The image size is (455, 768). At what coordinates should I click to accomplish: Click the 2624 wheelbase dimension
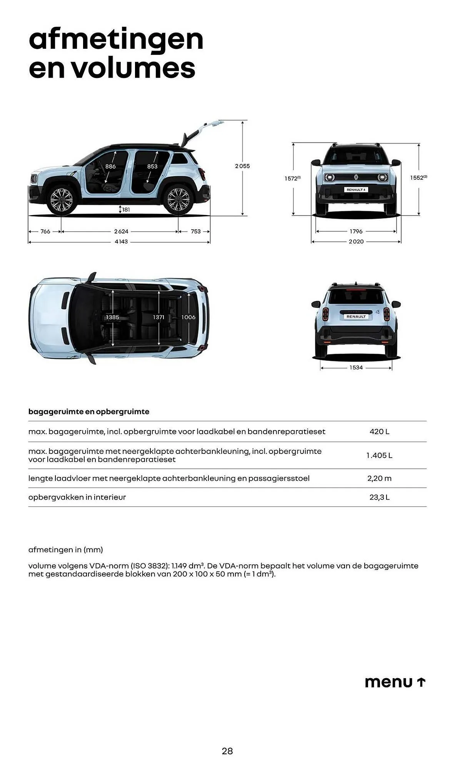pos(121,232)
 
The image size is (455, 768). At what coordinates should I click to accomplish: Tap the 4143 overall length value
pos(121,242)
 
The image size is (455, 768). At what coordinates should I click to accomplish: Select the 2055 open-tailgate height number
pos(242,166)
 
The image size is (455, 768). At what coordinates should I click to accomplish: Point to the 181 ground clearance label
pos(126,210)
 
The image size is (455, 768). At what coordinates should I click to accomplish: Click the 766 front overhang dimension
pos(45,232)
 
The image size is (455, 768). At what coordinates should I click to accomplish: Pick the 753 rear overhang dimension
pos(196,232)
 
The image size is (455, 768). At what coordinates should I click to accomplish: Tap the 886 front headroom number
pos(110,166)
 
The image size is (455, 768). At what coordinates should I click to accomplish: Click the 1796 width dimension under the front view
pos(356,232)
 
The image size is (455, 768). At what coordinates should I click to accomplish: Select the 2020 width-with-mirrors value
pos(356,242)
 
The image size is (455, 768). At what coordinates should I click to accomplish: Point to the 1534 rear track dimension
pos(356,367)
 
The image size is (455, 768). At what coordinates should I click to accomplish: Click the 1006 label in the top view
pos(188,317)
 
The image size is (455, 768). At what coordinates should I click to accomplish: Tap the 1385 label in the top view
pos(113,317)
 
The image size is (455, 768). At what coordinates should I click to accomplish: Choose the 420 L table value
pos(379,432)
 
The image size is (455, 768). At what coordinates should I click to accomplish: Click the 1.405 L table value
pos(379,455)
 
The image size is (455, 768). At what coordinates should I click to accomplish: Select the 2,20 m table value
pos(379,478)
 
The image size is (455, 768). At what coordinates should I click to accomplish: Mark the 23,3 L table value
pos(379,497)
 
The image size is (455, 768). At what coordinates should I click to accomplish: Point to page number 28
pos(227,751)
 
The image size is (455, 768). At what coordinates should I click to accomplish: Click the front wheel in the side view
pos(62,199)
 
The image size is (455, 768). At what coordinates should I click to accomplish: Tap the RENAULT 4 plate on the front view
pos(356,190)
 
